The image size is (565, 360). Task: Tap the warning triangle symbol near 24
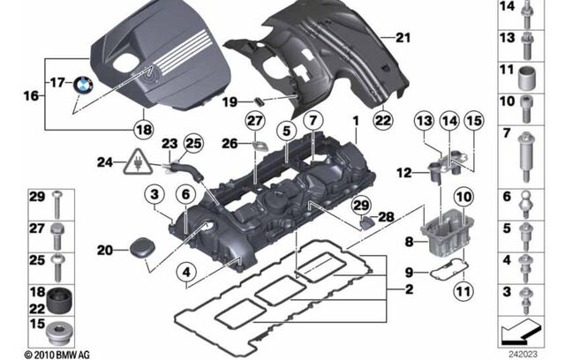(x=138, y=161)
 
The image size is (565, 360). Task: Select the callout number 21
(x=403, y=37)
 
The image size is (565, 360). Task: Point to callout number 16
(x=34, y=92)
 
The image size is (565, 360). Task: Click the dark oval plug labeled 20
(x=139, y=251)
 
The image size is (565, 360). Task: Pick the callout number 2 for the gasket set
(x=408, y=289)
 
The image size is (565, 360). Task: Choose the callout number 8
(x=408, y=239)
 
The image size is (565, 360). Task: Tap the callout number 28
(x=386, y=216)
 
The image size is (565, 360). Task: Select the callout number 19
(x=228, y=103)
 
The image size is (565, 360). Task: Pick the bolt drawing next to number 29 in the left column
(x=59, y=202)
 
